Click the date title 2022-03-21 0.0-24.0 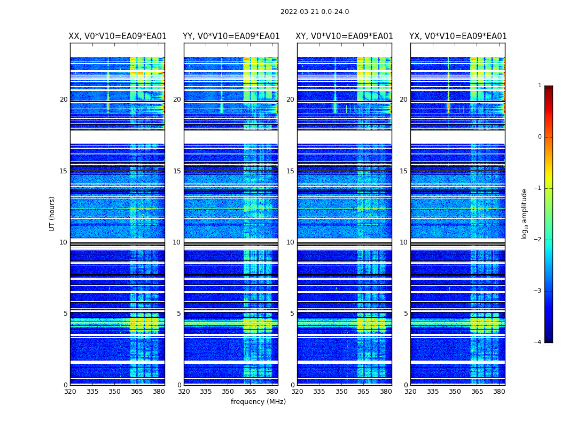point(315,12)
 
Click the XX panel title point(118,36)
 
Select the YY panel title point(231,36)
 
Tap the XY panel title point(345,36)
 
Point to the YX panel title point(458,36)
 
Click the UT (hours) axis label point(52,213)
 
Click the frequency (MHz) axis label point(258,402)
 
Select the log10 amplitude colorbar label point(525,213)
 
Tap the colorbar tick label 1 point(540,86)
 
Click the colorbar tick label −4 point(538,342)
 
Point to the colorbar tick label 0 point(540,137)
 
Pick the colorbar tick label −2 point(538,240)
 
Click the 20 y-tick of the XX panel point(64,100)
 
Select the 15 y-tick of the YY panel point(177,171)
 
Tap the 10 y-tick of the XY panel point(290,242)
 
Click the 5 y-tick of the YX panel point(406,314)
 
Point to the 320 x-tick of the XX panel point(70,392)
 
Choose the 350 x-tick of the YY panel point(228,392)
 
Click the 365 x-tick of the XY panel point(363,392)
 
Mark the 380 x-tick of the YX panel point(499,392)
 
